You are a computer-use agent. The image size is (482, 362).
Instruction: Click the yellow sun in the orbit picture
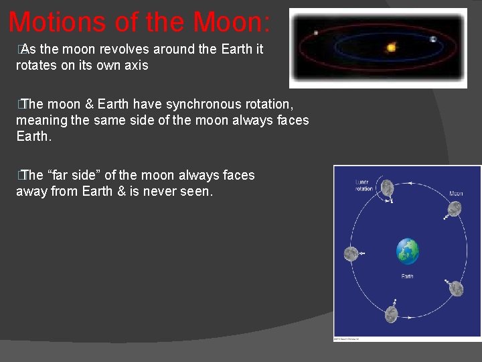[x=391, y=48]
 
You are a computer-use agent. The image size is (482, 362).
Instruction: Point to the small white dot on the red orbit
[x=315, y=33]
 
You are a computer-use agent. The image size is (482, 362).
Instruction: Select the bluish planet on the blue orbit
[x=433, y=40]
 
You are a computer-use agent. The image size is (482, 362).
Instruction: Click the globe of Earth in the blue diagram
[x=407, y=252]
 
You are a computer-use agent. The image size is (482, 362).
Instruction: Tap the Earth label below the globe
[x=407, y=276]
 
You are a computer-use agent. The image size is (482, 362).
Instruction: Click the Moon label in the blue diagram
[x=455, y=194]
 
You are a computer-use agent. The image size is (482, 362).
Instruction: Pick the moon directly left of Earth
[x=351, y=253]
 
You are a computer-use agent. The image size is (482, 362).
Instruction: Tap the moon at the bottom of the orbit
[x=392, y=313]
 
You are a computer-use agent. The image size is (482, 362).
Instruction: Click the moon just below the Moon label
[x=453, y=209]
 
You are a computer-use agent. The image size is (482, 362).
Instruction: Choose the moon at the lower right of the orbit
[x=456, y=288]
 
